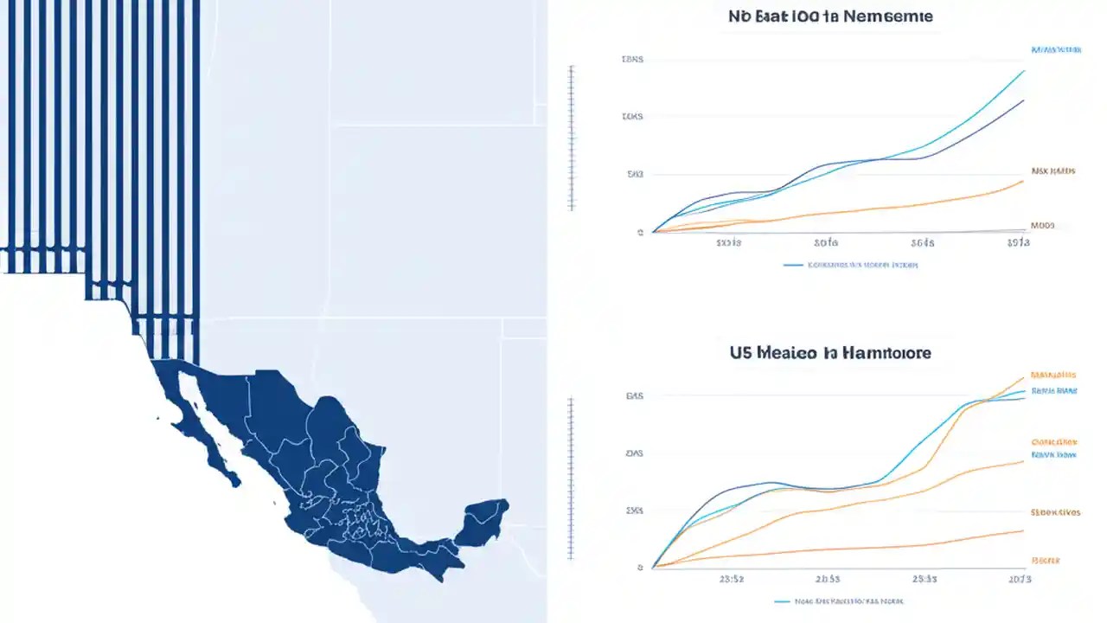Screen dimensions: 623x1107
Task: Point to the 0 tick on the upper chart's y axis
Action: coord(639,232)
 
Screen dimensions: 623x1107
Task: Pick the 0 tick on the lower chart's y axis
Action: coord(639,568)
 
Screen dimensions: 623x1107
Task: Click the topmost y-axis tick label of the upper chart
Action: coord(632,60)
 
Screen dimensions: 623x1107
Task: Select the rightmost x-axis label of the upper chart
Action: coord(1019,243)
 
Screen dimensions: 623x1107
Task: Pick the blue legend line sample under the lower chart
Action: coord(783,600)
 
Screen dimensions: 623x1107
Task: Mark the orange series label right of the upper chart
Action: coord(1053,171)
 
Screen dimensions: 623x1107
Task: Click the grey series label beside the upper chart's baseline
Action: coord(1043,225)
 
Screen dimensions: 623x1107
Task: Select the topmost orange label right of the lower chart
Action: coord(1053,376)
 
